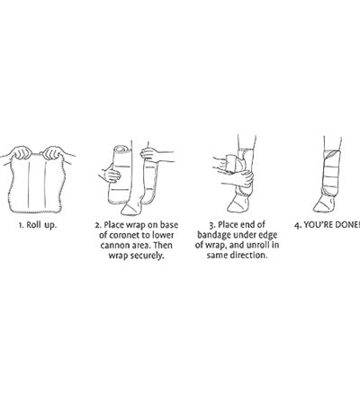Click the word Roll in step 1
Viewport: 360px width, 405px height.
[33, 225]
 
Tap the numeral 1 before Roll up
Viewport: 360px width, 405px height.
[21, 225]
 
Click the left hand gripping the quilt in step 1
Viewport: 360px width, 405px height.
[22, 152]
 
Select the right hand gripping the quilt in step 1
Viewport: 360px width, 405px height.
[53, 152]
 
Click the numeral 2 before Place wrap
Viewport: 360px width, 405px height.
[97, 225]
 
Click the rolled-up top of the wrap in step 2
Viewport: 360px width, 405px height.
[122, 149]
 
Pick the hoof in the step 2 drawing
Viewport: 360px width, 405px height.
[130, 208]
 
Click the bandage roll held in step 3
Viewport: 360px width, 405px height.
[229, 164]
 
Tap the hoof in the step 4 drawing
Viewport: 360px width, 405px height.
[323, 204]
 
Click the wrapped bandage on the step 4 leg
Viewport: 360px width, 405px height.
[331, 173]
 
